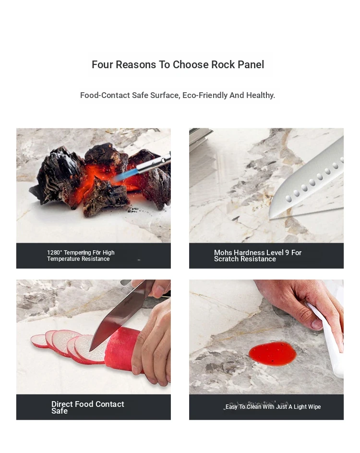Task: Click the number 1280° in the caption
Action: (x=54, y=253)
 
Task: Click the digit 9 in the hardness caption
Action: (x=287, y=253)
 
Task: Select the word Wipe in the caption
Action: (x=313, y=407)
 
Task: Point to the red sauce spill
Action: (x=272, y=354)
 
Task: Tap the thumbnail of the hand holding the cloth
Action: (x=317, y=324)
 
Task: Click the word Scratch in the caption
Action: (x=227, y=259)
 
